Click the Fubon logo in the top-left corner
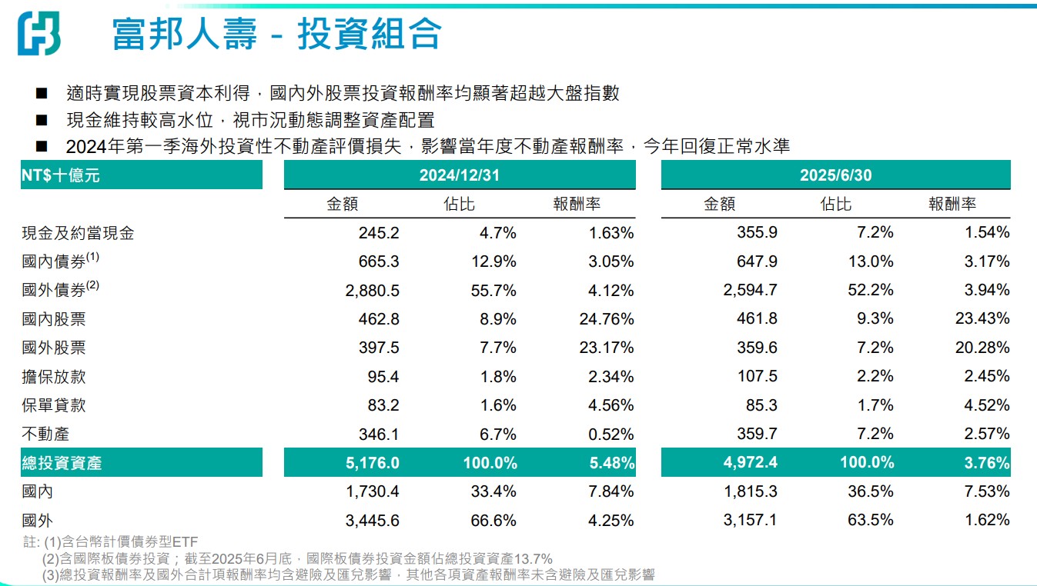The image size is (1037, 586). pos(38,33)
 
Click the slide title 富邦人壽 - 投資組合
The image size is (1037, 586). pos(277,34)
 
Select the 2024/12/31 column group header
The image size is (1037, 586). pos(459,175)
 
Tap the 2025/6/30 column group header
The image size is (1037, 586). pos(835,175)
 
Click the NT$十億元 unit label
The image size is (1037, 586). pos(61,175)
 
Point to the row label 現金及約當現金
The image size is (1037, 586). pos(79,233)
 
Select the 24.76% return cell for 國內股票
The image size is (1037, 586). pos(607,319)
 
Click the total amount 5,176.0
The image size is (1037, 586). pos(369,463)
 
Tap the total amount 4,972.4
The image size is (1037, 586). pos(747,463)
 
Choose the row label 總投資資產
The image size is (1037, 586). pos(62,463)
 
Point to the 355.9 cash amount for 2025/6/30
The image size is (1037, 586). pos(757,233)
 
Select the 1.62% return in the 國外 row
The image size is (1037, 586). pos(988,521)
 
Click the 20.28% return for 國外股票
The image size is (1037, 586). pos(984,348)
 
